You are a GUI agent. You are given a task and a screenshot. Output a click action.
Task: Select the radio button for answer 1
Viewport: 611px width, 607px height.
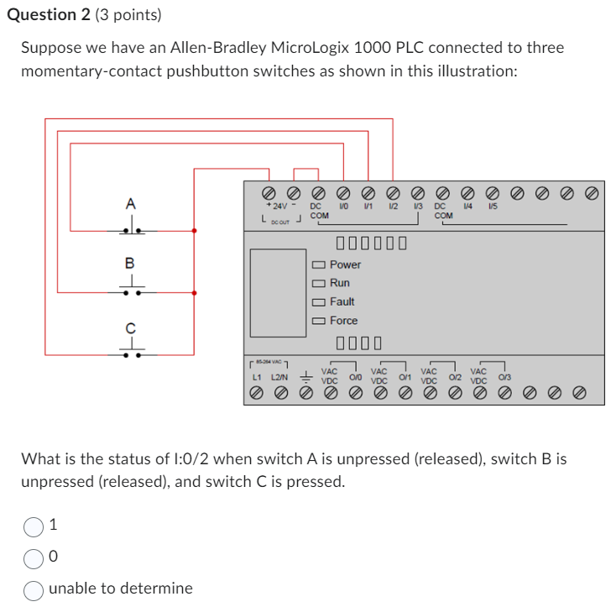(x=34, y=526)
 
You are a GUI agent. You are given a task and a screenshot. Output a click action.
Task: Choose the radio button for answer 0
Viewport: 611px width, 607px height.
(x=34, y=557)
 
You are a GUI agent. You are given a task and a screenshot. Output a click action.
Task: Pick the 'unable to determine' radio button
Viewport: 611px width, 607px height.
(x=34, y=589)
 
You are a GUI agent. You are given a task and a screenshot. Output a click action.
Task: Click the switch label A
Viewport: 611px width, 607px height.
(x=130, y=203)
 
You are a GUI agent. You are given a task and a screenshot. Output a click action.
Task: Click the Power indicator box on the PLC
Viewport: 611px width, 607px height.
(x=319, y=264)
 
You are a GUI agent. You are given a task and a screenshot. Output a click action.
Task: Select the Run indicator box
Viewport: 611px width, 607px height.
(x=319, y=284)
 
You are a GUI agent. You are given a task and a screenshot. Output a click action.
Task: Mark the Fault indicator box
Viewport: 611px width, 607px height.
(x=319, y=302)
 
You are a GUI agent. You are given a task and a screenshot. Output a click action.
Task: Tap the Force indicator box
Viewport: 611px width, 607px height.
(x=319, y=321)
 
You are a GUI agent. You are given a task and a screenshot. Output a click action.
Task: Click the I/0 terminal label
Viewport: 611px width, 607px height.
(x=342, y=206)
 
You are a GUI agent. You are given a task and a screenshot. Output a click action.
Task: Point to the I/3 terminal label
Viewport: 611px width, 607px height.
(x=417, y=206)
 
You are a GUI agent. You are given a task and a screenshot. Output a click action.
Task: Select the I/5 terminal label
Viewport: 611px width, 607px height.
(x=493, y=206)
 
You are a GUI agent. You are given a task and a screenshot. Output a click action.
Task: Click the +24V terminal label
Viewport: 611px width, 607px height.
(x=276, y=206)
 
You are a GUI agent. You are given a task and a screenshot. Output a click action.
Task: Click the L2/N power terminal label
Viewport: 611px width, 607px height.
(x=279, y=378)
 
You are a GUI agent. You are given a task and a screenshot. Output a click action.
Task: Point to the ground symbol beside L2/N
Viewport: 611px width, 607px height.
(x=306, y=377)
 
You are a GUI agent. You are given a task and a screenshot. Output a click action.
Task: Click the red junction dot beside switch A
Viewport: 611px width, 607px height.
(x=195, y=229)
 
